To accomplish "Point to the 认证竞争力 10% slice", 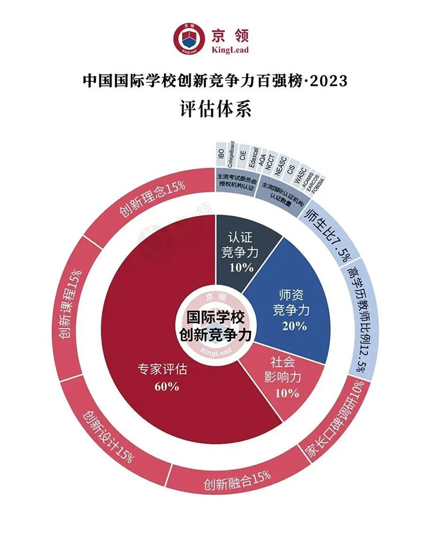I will tap(245, 253).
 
